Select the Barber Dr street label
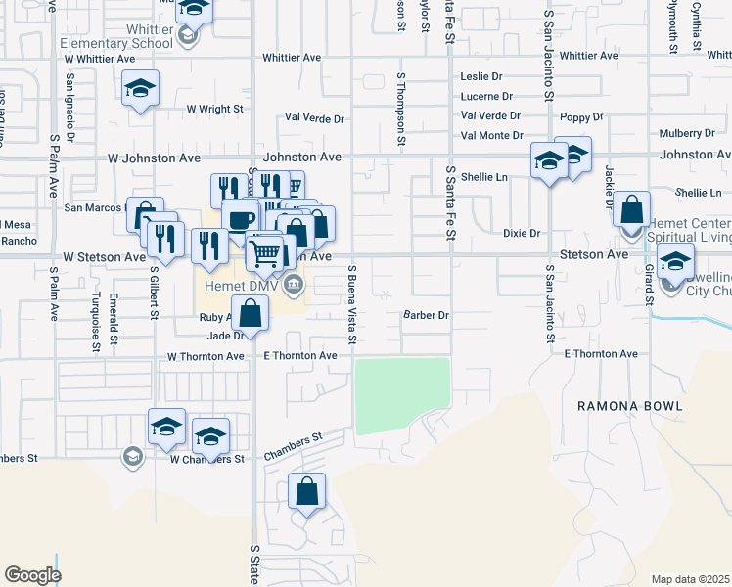[426, 315]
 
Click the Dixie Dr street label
[522, 234]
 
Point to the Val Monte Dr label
[491, 135]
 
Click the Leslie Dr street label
[481, 76]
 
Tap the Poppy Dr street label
[581, 117]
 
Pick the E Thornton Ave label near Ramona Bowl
[600, 353]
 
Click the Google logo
[32, 574]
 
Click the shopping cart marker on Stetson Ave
[264, 254]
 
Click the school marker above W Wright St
[141, 89]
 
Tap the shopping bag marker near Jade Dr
[251, 314]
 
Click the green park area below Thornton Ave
[402, 395]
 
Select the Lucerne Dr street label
[486, 96]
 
